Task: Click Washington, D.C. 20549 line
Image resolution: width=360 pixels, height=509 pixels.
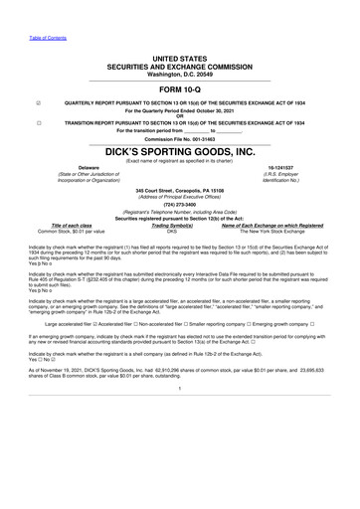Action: [x=180, y=74]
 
